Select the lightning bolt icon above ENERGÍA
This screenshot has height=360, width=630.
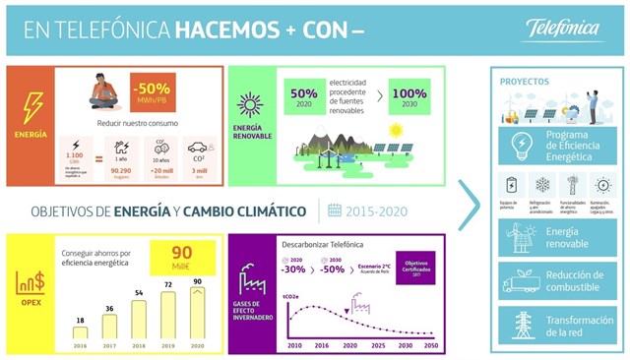[x=31, y=101]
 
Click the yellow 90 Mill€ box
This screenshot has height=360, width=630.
[x=182, y=259]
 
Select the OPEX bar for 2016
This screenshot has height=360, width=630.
[x=80, y=331]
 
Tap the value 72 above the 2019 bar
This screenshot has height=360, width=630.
[x=166, y=284]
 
